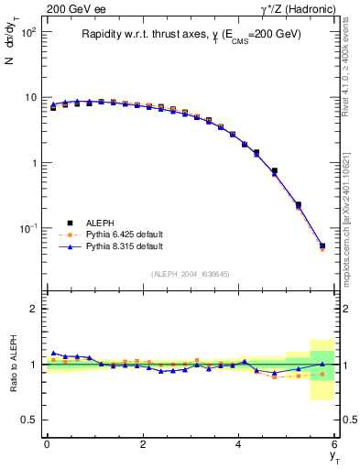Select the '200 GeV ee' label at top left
coord(76,9)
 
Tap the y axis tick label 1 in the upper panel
coord(32,163)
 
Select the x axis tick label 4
coord(239,444)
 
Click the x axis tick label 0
coord(47,444)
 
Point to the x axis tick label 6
coord(335,444)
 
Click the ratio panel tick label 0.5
coord(28,420)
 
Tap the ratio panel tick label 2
coord(32,309)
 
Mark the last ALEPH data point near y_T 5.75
coord(322,245)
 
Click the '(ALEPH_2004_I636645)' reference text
coord(191,274)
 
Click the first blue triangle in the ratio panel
coord(53,353)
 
